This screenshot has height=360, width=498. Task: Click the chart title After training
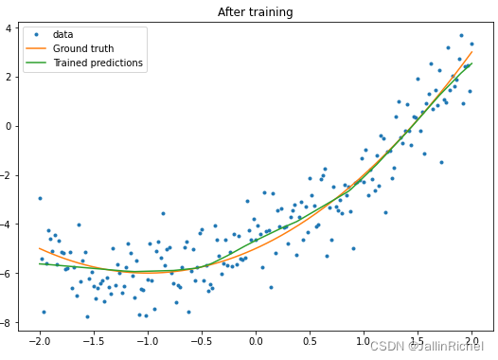point(255,12)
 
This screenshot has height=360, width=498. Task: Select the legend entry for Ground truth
point(83,48)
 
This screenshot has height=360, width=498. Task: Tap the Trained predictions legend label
point(98,63)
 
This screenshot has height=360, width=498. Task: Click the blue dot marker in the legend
point(36,34)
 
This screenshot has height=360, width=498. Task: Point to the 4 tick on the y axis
point(9,28)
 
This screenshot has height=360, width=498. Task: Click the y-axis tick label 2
point(9,78)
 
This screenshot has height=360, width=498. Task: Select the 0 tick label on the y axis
point(9,126)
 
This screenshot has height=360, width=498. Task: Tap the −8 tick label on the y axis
point(6,323)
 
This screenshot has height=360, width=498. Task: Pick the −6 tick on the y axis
point(6,274)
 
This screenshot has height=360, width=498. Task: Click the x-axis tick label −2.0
point(40,342)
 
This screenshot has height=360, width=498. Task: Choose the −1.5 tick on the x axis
point(94,342)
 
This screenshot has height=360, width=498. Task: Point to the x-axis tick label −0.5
point(202,342)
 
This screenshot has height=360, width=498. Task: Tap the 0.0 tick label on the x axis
point(256,342)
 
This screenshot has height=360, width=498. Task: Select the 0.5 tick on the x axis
point(310,342)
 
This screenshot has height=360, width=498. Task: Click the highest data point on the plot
point(461,36)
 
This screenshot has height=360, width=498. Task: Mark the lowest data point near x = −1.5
point(88,316)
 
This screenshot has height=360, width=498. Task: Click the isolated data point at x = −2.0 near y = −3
point(40,198)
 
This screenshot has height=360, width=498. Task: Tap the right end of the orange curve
point(471,51)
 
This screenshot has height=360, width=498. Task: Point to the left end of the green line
point(40,263)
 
